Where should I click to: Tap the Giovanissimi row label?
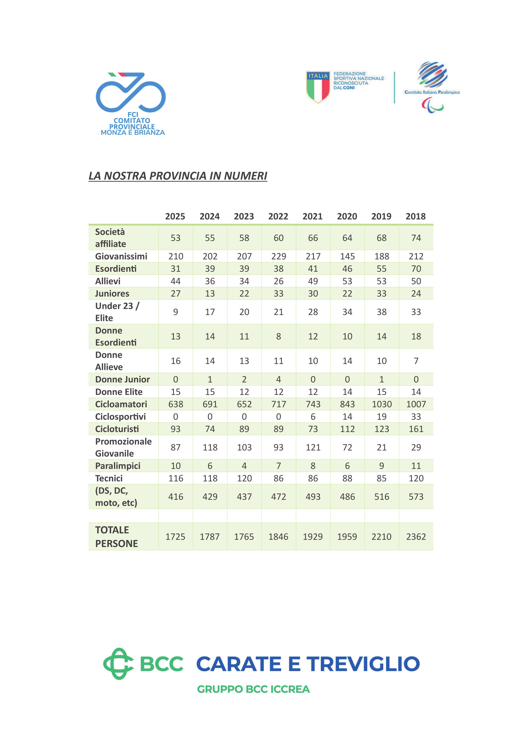121,256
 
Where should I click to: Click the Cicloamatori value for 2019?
382,404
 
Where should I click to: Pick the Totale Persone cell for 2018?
416,537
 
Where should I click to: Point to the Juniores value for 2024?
210,293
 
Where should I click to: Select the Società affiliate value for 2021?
313,238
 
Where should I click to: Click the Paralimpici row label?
118,466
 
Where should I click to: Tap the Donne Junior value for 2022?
278,379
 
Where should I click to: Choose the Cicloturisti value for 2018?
416,429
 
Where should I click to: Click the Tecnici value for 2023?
244,478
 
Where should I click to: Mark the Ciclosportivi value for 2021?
313,417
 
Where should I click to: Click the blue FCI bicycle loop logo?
131,92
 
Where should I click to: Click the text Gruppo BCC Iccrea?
253,689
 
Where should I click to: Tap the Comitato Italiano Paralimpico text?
432,92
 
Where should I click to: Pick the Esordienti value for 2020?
347,269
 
